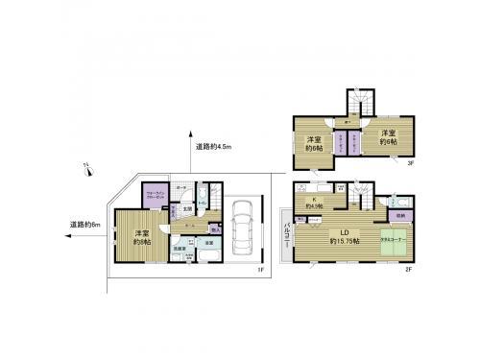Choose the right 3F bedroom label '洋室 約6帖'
tap(388, 137)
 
